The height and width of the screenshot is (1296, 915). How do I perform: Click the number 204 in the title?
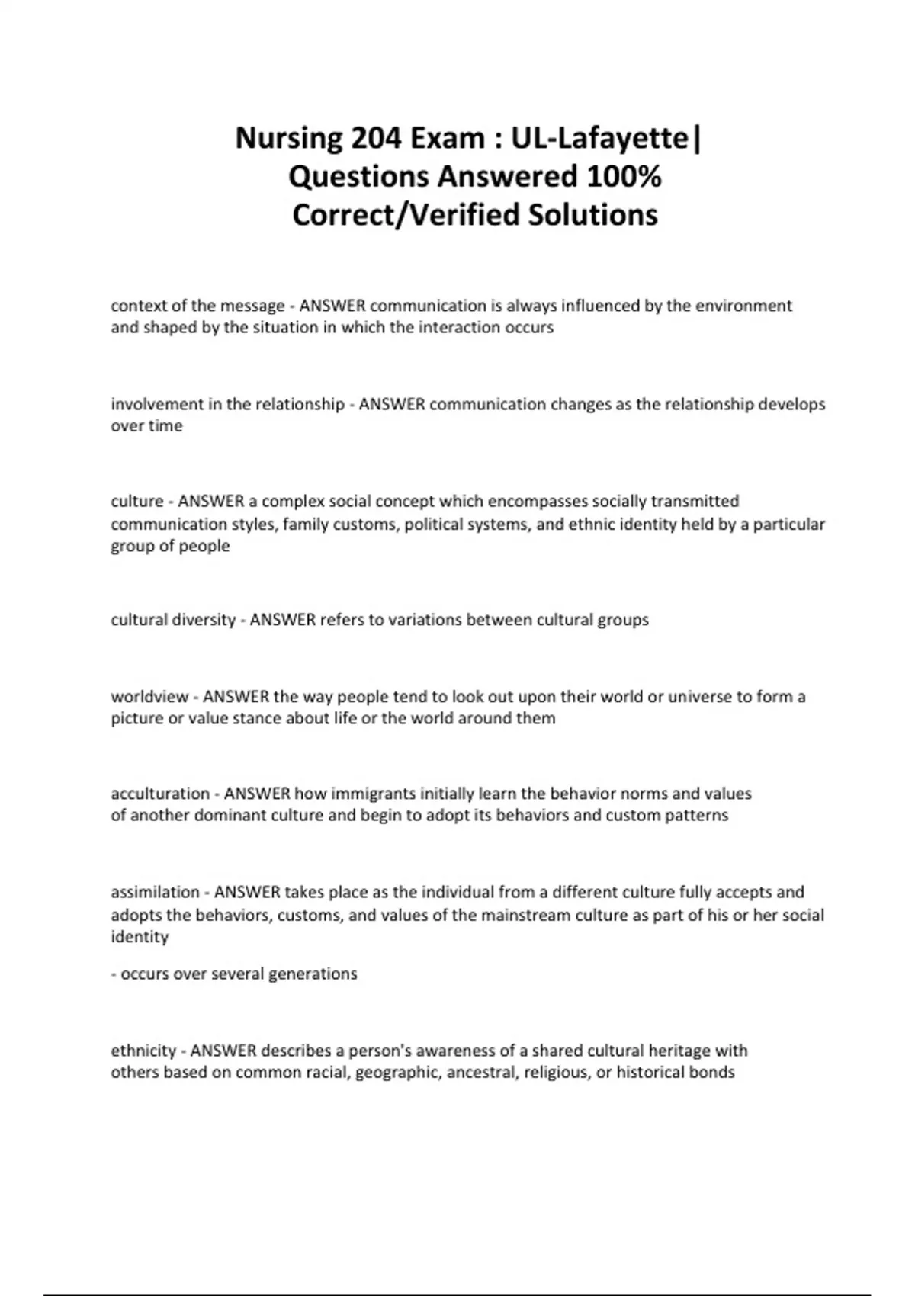(377, 138)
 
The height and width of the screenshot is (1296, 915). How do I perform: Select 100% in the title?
(624, 177)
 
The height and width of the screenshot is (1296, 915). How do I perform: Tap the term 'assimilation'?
(156, 892)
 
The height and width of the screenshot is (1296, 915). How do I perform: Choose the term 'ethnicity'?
(143, 1051)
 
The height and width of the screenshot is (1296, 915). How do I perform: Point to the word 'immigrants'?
(368, 794)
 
